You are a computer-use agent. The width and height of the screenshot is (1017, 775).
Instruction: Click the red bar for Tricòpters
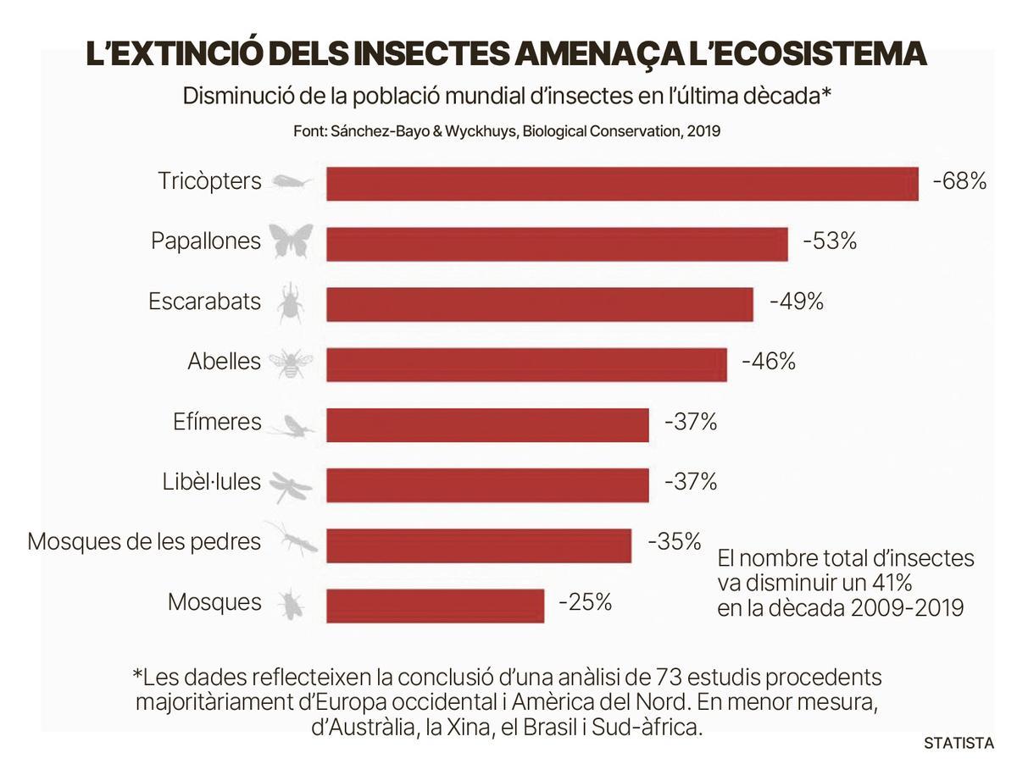(622, 184)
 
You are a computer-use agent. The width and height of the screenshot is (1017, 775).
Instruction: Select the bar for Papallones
(557, 244)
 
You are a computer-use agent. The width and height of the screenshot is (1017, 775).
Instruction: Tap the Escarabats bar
(539, 304)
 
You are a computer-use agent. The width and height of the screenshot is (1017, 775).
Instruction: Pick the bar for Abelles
(526, 364)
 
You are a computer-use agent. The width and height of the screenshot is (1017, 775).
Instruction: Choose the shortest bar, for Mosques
(435, 606)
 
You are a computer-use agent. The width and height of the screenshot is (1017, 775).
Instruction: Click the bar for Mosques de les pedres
(479, 545)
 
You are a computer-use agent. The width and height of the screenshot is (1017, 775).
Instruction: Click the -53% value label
(829, 241)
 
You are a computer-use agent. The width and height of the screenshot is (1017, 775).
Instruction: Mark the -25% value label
(585, 602)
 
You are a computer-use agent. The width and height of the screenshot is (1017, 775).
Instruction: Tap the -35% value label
(674, 541)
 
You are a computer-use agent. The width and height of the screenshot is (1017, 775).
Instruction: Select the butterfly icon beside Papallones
(292, 241)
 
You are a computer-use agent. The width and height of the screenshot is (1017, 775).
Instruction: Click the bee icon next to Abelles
(291, 363)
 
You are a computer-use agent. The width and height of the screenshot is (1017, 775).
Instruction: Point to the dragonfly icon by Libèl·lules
(291, 485)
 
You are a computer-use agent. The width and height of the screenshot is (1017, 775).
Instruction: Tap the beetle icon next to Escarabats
(291, 303)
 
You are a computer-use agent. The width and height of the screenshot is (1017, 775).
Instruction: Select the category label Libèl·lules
(212, 482)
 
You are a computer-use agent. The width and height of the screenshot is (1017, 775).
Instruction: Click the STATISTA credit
(959, 744)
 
